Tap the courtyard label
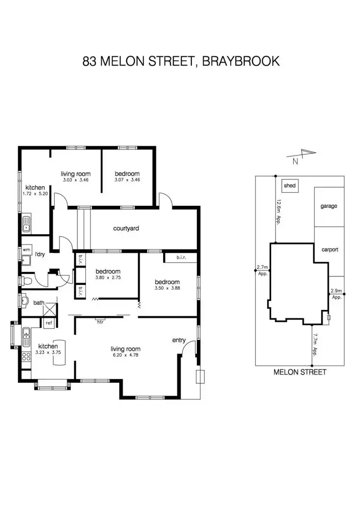pyautogui.click(x=126, y=228)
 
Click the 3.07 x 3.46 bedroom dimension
pyautogui.click(x=127, y=180)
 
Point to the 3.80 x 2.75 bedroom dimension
pyautogui.click(x=108, y=277)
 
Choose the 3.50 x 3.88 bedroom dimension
pyautogui.click(x=167, y=288)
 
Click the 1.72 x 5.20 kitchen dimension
pyautogui.click(x=35, y=194)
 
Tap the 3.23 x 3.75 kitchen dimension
pyautogui.click(x=48, y=353)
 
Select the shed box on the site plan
pyautogui.click(x=289, y=185)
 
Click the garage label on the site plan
pyautogui.click(x=329, y=206)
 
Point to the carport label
pyautogui.click(x=329, y=249)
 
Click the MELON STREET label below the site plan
pyautogui.click(x=300, y=372)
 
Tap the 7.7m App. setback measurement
pyautogui.click(x=315, y=342)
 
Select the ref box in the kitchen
pyautogui.click(x=48, y=323)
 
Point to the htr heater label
pyautogui.click(x=100, y=322)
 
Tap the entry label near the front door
pyautogui.click(x=179, y=340)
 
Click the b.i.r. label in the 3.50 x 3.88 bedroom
pyautogui.click(x=181, y=258)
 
